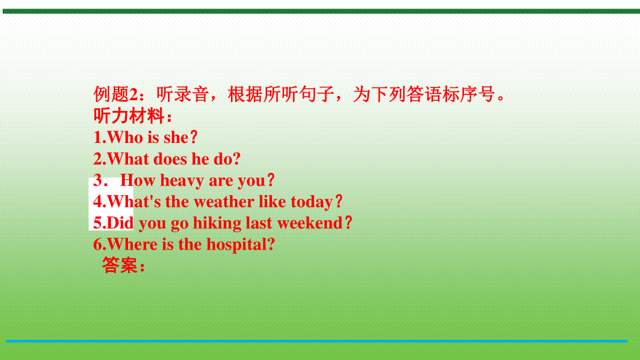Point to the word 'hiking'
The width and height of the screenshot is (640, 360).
[217, 223]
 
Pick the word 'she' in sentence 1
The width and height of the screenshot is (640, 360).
[176, 138]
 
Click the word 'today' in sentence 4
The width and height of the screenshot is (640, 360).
[311, 202]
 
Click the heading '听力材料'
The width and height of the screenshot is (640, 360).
[129, 116]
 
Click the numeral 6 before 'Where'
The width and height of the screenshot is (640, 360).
[98, 245]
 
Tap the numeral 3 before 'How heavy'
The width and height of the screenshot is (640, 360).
[98, 181]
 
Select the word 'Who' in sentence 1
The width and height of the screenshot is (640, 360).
[125, 137]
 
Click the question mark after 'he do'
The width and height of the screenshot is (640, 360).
[236, 159]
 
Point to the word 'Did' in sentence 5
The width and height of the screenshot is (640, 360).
[120, 223]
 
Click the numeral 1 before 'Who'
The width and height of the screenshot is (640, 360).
[98, 137]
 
